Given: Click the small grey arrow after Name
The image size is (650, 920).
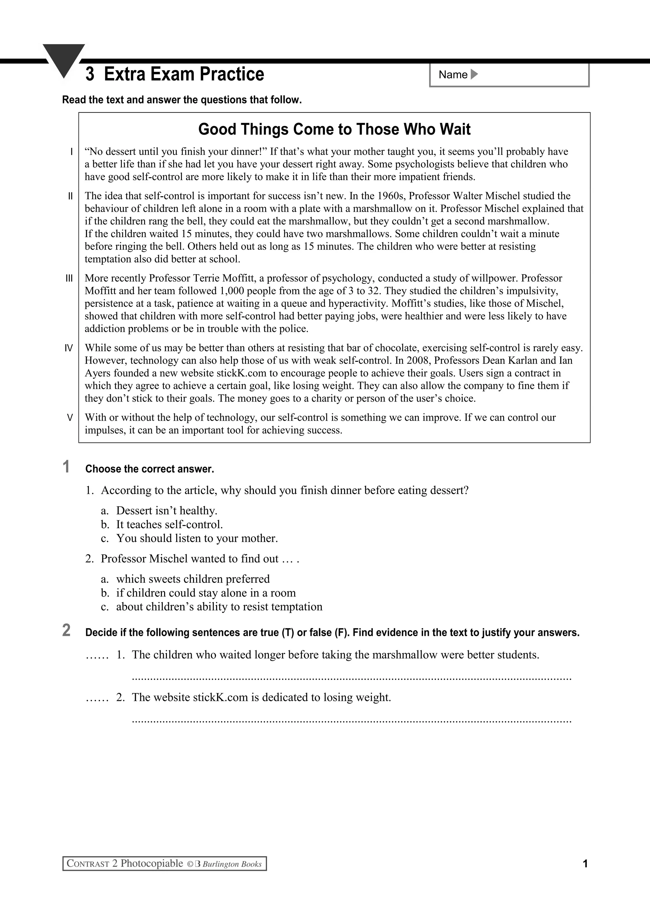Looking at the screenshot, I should pyautogui.click(x=474, y=75).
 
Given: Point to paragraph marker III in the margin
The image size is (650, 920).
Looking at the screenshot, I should pyautogui.click(x=69, y=278).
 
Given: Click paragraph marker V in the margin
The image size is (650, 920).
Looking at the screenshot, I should pyautogui.click(x=70, y=418).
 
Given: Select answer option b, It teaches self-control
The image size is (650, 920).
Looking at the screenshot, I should pyautogui.click(x=169, y=524).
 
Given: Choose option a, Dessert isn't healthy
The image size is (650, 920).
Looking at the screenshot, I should pyautogui.click(x=166, y=511).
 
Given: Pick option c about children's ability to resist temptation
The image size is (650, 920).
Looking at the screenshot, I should pyautogui.click(x=219, y=607).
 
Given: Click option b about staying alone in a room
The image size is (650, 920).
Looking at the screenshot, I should pyautogui.click(x=205, y=593).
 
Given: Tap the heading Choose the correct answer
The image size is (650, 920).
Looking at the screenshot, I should pyautogui.click(x=149, y=469).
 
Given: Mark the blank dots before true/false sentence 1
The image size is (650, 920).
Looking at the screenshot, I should pyautogui.click(x=97, y=656).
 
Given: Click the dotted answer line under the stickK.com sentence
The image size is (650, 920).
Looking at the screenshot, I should pyautogui.click(x=351, y=721).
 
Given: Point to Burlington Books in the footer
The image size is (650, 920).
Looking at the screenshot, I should pyautogui.click(x=232, y=864).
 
